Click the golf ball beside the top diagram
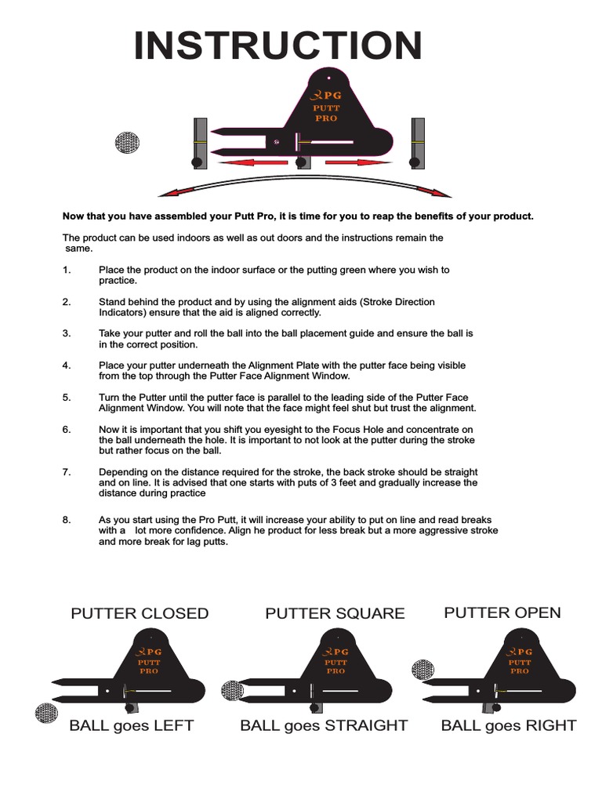[127, 142]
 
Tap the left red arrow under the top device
[252, 163]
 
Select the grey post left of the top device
[201, 141]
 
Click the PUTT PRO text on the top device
[325, 113]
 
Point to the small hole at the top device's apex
[329, 78]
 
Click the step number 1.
[67, 270]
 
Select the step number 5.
[67, 398]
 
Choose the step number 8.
[67, 520]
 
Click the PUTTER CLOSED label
[140, 613]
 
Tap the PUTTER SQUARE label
[335, 613]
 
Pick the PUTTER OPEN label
[502, 612]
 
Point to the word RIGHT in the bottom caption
[552, 725]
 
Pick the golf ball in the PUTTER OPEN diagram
[423, 669]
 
